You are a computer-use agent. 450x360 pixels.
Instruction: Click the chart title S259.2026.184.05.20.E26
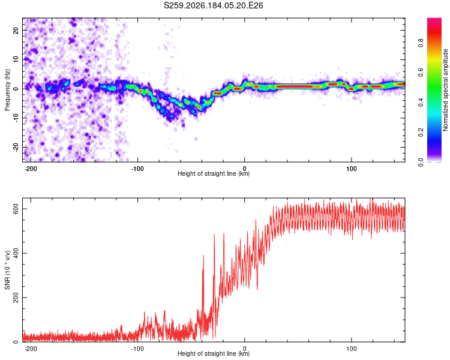point(213,5)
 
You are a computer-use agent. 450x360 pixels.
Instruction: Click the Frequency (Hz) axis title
point(7,90)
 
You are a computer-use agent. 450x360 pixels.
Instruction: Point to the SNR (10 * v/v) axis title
point(7,270)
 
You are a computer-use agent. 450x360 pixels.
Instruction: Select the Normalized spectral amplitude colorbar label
point(445,90)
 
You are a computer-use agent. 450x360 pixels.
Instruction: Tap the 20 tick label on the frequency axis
point(16,30)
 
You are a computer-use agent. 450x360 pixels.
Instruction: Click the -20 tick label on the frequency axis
point(16,148)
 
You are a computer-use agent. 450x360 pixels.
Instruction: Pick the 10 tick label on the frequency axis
point(16,59)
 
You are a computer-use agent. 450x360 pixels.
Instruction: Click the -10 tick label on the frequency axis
point(16,118)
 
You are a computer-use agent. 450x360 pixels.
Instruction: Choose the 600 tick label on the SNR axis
point(16,209)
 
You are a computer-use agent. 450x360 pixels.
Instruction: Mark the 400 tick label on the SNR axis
point(16,253)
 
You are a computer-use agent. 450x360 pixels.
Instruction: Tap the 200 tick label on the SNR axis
point(16,298)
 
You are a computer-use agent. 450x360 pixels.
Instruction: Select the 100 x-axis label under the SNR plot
point(351,349)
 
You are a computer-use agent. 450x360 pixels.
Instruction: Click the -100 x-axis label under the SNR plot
point(137,349)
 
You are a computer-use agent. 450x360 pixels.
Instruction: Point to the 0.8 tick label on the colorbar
point(421,43)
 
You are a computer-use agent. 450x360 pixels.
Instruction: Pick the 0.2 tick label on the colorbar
point(421,133)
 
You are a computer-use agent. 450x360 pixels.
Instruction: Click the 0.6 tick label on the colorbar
point(421,73)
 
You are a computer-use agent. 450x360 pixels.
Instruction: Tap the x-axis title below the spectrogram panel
point(214,173)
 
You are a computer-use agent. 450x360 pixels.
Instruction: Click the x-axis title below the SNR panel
point(214,353)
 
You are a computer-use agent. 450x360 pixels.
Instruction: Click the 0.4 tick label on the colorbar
point(421,103)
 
